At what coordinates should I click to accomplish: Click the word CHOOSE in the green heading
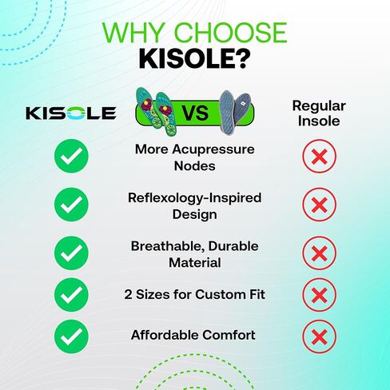[x=230, y=33]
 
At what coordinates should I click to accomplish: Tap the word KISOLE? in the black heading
[x=194, y=59]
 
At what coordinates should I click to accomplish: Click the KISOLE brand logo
[x=71, y=113]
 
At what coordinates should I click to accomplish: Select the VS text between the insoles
[x=196, y=113]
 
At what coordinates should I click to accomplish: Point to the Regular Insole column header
[x=319, y=113]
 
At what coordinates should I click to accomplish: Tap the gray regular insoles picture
[x=234, y=111]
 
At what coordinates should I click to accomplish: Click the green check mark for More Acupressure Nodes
[x=71, y=156]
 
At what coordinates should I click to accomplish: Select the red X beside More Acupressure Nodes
[x=319, y=156]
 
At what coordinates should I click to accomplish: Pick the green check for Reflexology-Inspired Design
[x=71, y=205]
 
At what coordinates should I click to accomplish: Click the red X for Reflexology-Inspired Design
[x=319, y=205]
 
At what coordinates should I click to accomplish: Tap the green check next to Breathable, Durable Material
[x=71, y=253]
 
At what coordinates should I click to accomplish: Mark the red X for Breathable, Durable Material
[x=319, y=253]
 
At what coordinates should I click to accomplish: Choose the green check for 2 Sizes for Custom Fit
[x=71, y=295]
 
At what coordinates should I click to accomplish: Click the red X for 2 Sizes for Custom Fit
[x=319, y=295]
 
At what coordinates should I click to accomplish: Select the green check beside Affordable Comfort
[x=71, y=336]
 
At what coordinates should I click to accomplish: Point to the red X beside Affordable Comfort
[x=319, y=336]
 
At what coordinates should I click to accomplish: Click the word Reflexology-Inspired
[x=195, y=198]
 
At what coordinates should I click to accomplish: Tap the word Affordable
[x=165, y=335]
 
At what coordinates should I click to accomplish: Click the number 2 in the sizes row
[x=128, y=295]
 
